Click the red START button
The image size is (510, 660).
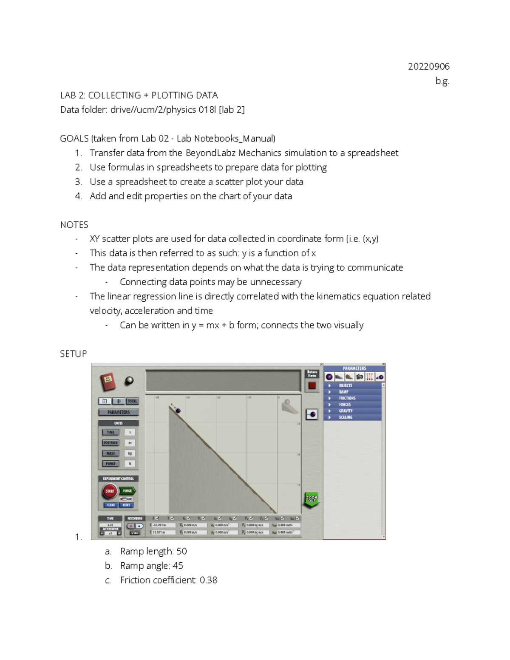[x=110, y=491]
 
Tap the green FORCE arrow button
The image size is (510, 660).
[x=127, y=491]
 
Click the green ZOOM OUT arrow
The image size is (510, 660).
[x=312, y=499]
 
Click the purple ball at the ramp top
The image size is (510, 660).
[x=178, y=411]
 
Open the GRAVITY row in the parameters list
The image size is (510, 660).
[x=346, y=411]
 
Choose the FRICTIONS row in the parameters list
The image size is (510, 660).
[x=347, y=398]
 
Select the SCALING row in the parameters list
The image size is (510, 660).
[x=346, y=417]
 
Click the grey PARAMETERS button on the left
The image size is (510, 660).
[x=119, y=412]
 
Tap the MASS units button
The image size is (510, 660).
[x=110, y=453]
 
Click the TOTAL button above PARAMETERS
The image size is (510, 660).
[x=133, y=401]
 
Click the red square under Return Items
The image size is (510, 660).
[x=312, y=385]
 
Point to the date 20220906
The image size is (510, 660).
[x=428, y=66]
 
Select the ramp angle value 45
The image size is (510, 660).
[x=178, y=566]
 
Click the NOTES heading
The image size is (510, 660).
[x=74, y=225]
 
